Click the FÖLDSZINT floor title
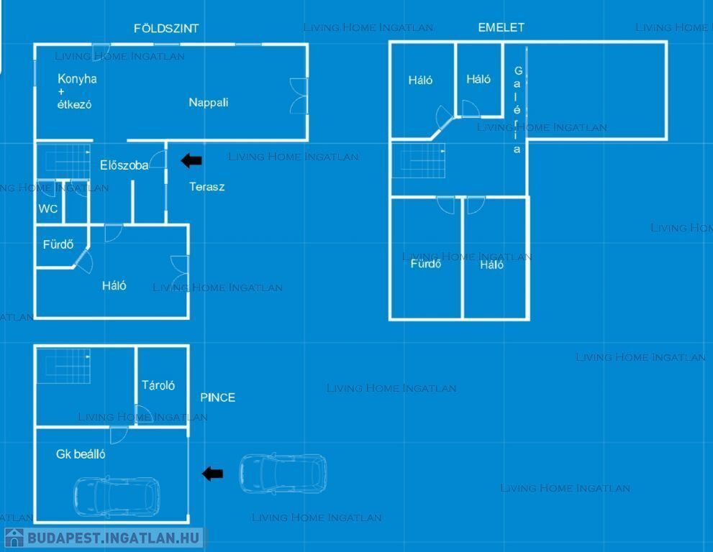166,29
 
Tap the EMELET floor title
501,27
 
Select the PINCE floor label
217,397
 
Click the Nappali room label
209,102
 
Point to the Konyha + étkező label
76,91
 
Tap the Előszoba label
124,165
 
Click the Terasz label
206,187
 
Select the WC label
48,209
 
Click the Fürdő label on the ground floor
58,244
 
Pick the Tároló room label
158,385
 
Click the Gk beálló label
81,454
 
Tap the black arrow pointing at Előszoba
191,160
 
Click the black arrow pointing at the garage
212,473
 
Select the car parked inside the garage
117,497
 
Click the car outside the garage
282,472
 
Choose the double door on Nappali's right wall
298,96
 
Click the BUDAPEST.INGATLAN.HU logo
104,538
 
